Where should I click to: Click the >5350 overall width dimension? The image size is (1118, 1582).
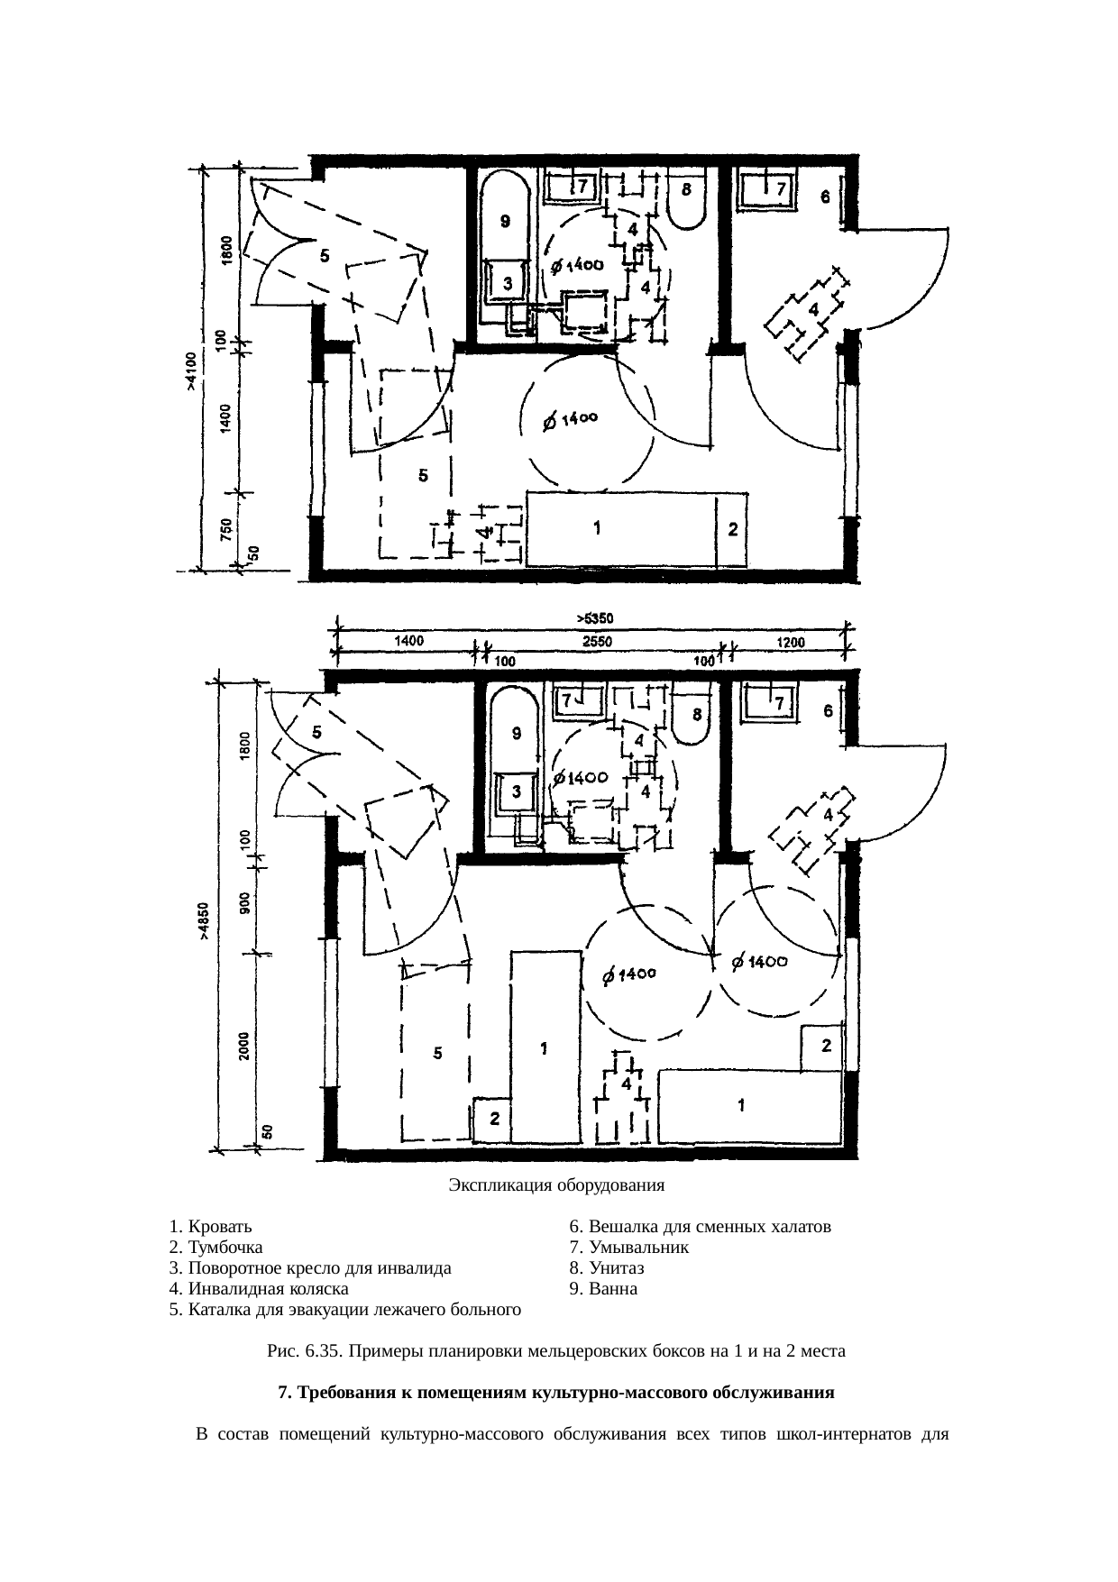coord(595,618)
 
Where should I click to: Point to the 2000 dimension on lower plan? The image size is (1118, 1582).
coord(244,1047)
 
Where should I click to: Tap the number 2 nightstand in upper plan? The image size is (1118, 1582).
coord(732,530)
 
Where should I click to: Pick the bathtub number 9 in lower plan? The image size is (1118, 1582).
coord(515,766)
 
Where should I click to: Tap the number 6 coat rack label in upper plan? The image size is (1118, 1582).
coord(825,197)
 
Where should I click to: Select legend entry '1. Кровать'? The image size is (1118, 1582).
coord(210,1227)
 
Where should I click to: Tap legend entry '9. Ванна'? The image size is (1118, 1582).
coord(603,1289)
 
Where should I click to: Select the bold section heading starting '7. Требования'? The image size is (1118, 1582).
coord(556,1393)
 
